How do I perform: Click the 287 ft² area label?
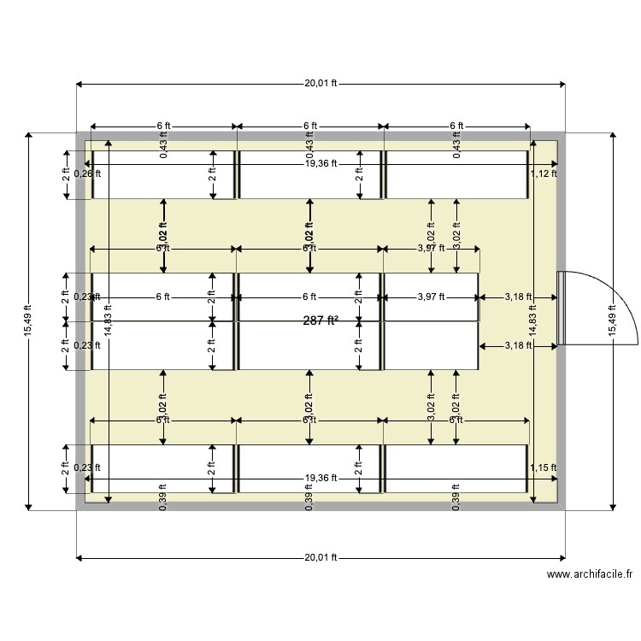tap(320, 320)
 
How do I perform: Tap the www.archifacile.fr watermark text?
tap(591, 577)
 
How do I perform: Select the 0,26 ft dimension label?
tap(87, 173)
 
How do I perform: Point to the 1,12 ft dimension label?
tap(543, 173)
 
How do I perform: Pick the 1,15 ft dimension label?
tap(543, 468)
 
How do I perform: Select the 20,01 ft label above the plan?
tap(320, 84)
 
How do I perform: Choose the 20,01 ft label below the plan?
tap(320, 557)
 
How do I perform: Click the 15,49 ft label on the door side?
tap(612, 320)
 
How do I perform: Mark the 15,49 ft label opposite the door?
tap(28, 320)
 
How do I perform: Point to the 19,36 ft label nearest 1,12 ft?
tap(320, 163)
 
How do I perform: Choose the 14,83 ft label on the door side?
tap(532, 320)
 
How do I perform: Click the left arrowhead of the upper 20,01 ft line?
tap(79, 84)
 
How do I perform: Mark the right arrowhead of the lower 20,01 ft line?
tap(562, 557)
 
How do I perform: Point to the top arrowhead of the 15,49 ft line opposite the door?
tap(28, 136)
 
